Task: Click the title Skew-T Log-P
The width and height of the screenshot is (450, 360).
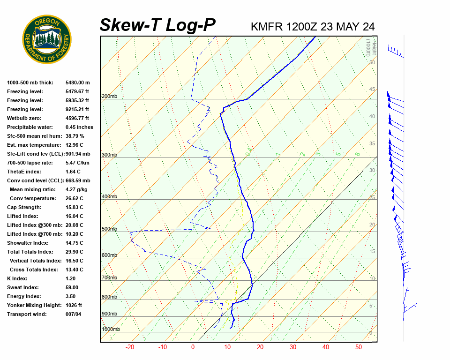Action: pyautogui.click(x=158, y=25)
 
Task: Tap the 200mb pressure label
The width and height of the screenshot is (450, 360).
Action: pyautogui.click(x=109, y=97)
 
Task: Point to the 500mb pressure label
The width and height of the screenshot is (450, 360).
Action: pyautogui.click(x=109, y=229)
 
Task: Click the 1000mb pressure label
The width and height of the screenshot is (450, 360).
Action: pyautogui.click(x=111, y=330)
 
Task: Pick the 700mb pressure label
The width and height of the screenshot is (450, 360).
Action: pyautogui.click(x=109, y=278)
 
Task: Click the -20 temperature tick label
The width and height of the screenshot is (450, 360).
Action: pyautogui.click(x=130, y=347)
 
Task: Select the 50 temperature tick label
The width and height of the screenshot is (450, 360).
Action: pyautogui.click(x=358, y=347)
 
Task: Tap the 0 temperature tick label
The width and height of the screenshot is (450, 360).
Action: pyautogui.click(x=193, y=347)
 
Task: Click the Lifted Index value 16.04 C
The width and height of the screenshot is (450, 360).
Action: pyautogui.click(x=74, y=216)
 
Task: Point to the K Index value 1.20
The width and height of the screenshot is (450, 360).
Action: pyautogui.click(x=71, y=278)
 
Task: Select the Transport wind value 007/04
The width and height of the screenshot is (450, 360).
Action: pyautogui.click(x=73, y=314)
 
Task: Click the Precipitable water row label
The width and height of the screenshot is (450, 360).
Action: pyautogui.click(x=30, y=127)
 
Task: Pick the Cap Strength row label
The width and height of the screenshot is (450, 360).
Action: pyautogui.click(x=24, y=207)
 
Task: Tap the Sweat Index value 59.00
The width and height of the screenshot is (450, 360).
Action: pyautogui.click(x=72, y=287)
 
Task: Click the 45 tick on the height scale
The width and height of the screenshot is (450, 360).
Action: pyautogui.click(x=372, y=90)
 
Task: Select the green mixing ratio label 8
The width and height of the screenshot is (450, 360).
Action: pyautogui.click(x=357, y=154)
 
